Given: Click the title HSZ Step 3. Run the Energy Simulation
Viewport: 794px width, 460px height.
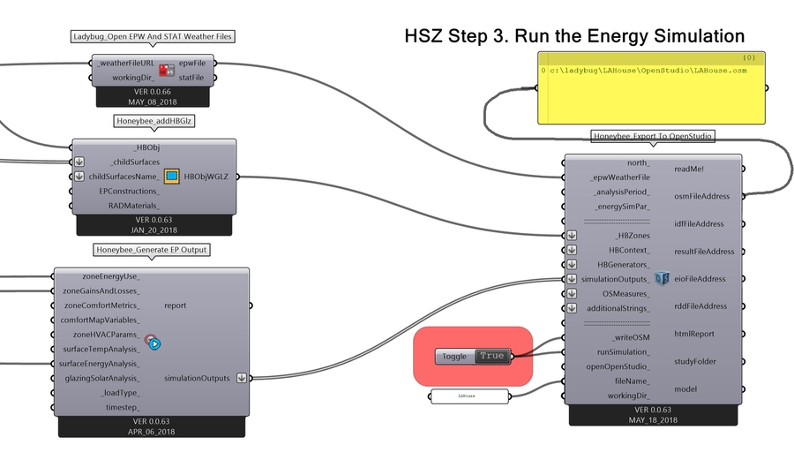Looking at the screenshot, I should click(x=574, y=36).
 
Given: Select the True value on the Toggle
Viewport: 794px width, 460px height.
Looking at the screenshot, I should click(x=492, y=356).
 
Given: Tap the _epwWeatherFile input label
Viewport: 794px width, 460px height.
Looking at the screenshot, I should click(x=619, y=177).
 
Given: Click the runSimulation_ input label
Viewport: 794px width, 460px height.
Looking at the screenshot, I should click(x=618, y=351).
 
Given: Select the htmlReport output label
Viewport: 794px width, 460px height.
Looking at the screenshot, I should click(x=693, y=334).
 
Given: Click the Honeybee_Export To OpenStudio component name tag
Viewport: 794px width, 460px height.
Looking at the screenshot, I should click(x=652, y=136).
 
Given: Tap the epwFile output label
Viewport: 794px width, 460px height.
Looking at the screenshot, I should click(x=191, y=64).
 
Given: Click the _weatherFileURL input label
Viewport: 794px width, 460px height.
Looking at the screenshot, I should click(x=128, y=64).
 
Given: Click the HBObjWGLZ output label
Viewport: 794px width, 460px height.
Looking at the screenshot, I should click(x=206, y=177).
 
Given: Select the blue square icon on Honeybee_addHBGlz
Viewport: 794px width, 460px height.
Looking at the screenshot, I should click(x=172, y=177).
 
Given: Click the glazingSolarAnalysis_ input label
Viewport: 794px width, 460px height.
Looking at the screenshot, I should click(x=101, y=378).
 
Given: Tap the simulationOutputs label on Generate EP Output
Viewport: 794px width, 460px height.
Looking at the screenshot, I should click(x=198, y=378).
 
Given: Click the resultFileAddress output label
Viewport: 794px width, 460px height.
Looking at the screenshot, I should click(x=704, y=252).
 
